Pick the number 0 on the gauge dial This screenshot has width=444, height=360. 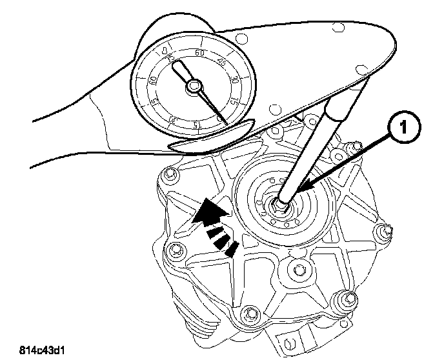pyautogui.click(x=166, y=50)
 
